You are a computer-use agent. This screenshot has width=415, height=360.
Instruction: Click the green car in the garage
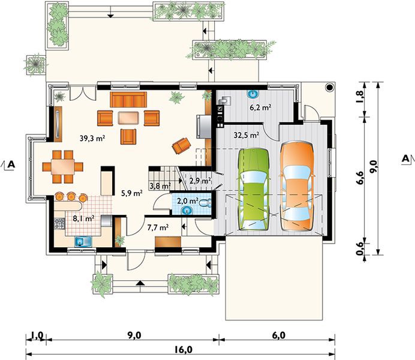coord(254,190)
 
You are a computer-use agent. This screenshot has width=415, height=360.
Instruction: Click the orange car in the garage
coord(297,187)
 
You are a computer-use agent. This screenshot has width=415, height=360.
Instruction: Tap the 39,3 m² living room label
coord(92,138)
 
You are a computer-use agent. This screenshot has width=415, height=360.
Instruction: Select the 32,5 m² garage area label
coord(246,135)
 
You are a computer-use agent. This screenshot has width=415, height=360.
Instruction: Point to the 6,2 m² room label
coord(260,107)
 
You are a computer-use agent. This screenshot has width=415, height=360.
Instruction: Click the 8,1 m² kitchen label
coord(83,218)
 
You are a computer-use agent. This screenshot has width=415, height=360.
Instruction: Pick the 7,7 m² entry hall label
coord(158,227)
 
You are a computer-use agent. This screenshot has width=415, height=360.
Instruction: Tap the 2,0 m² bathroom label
coord(187,201)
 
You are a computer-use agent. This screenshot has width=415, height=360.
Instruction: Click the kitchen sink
coord(83,241)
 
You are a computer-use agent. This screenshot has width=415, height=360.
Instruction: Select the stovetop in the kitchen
coord(59,224)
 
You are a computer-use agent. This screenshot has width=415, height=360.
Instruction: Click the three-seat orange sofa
coord(128,100)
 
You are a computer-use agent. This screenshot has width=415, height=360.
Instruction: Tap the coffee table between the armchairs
coord(128,118)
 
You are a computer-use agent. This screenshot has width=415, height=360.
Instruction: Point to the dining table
coord(63,167)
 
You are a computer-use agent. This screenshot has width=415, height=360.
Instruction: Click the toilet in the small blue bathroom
coord(205,203)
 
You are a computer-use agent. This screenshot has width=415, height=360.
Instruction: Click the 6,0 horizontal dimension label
coord(279,335)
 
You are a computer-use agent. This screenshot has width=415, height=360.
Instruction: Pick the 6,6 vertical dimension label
coord(360,178)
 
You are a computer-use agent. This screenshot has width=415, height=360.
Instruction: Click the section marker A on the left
coord(11,164)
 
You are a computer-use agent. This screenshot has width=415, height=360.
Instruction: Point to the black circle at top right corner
coord(329,87)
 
